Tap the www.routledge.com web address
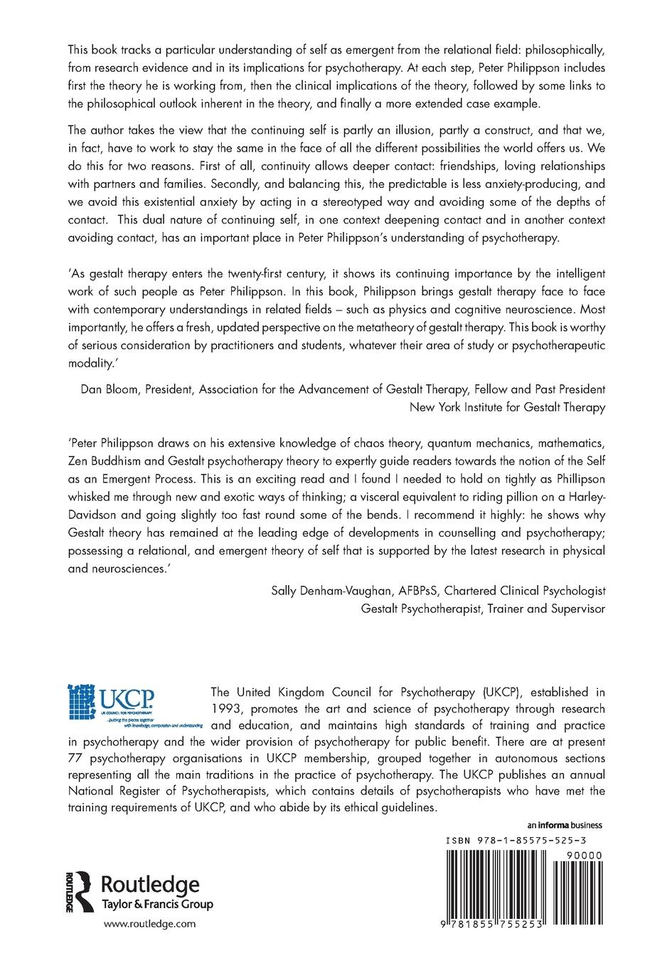[x=149, y=923]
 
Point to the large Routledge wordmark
[x=151, y=885]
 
